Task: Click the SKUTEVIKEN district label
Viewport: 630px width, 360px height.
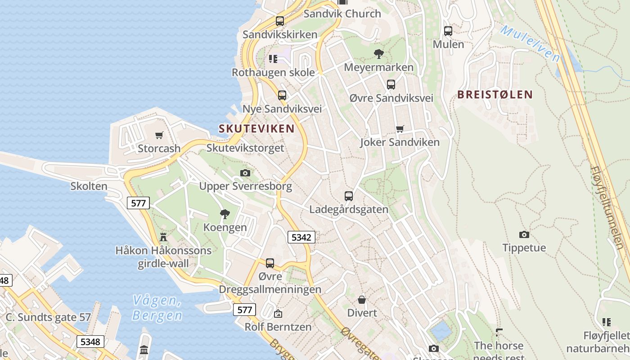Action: point(256,129)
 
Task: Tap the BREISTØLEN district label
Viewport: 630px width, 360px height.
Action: point(495,94)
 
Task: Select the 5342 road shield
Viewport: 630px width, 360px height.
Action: point(301,237)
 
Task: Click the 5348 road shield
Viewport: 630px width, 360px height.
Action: point(90,342)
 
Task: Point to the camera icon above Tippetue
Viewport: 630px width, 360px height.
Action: point(524,234)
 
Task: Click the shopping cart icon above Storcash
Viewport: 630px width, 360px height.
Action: point(159,135)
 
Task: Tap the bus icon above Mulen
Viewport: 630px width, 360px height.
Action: point(448,31)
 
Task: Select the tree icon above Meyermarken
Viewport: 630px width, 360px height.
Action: point(378,54)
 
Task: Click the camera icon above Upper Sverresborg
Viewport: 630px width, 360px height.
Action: point(245,173)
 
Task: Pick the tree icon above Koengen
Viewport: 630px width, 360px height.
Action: point(225,214)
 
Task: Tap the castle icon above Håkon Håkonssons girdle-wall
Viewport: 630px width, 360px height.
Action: point(163,237)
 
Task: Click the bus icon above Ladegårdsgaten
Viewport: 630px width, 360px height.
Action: point(349,196)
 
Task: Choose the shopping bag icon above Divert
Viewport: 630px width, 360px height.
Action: point(362,299)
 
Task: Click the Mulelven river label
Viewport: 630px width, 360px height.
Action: point(530,43)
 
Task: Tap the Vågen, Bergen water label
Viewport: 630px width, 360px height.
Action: point(157,308)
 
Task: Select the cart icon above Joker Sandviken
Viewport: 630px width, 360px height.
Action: point(400,129)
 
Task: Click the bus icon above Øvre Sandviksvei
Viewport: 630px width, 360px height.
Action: point(391,84)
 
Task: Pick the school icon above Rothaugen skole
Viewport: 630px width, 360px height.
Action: point(273,58)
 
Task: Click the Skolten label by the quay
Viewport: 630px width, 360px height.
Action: point(89,186)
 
